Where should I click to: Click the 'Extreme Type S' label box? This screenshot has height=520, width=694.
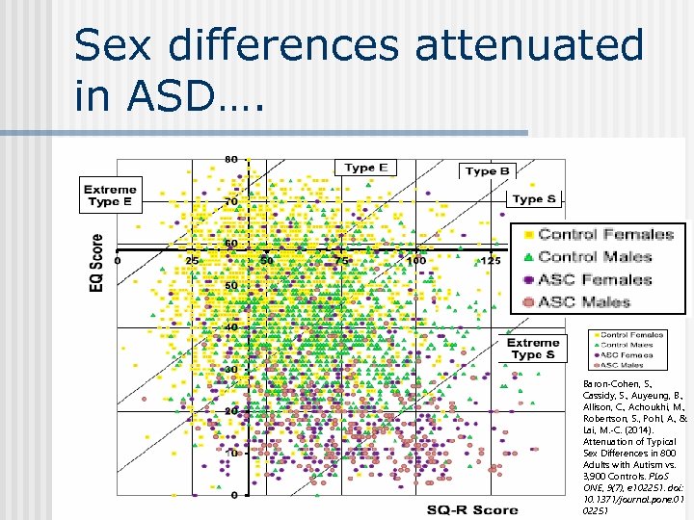533,349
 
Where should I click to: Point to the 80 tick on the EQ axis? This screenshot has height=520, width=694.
231,159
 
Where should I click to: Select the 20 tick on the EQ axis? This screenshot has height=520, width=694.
231,411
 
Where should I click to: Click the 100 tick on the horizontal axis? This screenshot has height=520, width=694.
415,260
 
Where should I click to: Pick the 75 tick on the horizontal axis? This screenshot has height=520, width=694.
341,260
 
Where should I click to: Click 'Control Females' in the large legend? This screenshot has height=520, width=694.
605,234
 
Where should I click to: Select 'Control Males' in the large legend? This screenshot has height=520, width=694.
595,256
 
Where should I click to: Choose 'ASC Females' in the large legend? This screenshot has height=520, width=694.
595,279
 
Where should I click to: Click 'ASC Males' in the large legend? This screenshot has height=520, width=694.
584,302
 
